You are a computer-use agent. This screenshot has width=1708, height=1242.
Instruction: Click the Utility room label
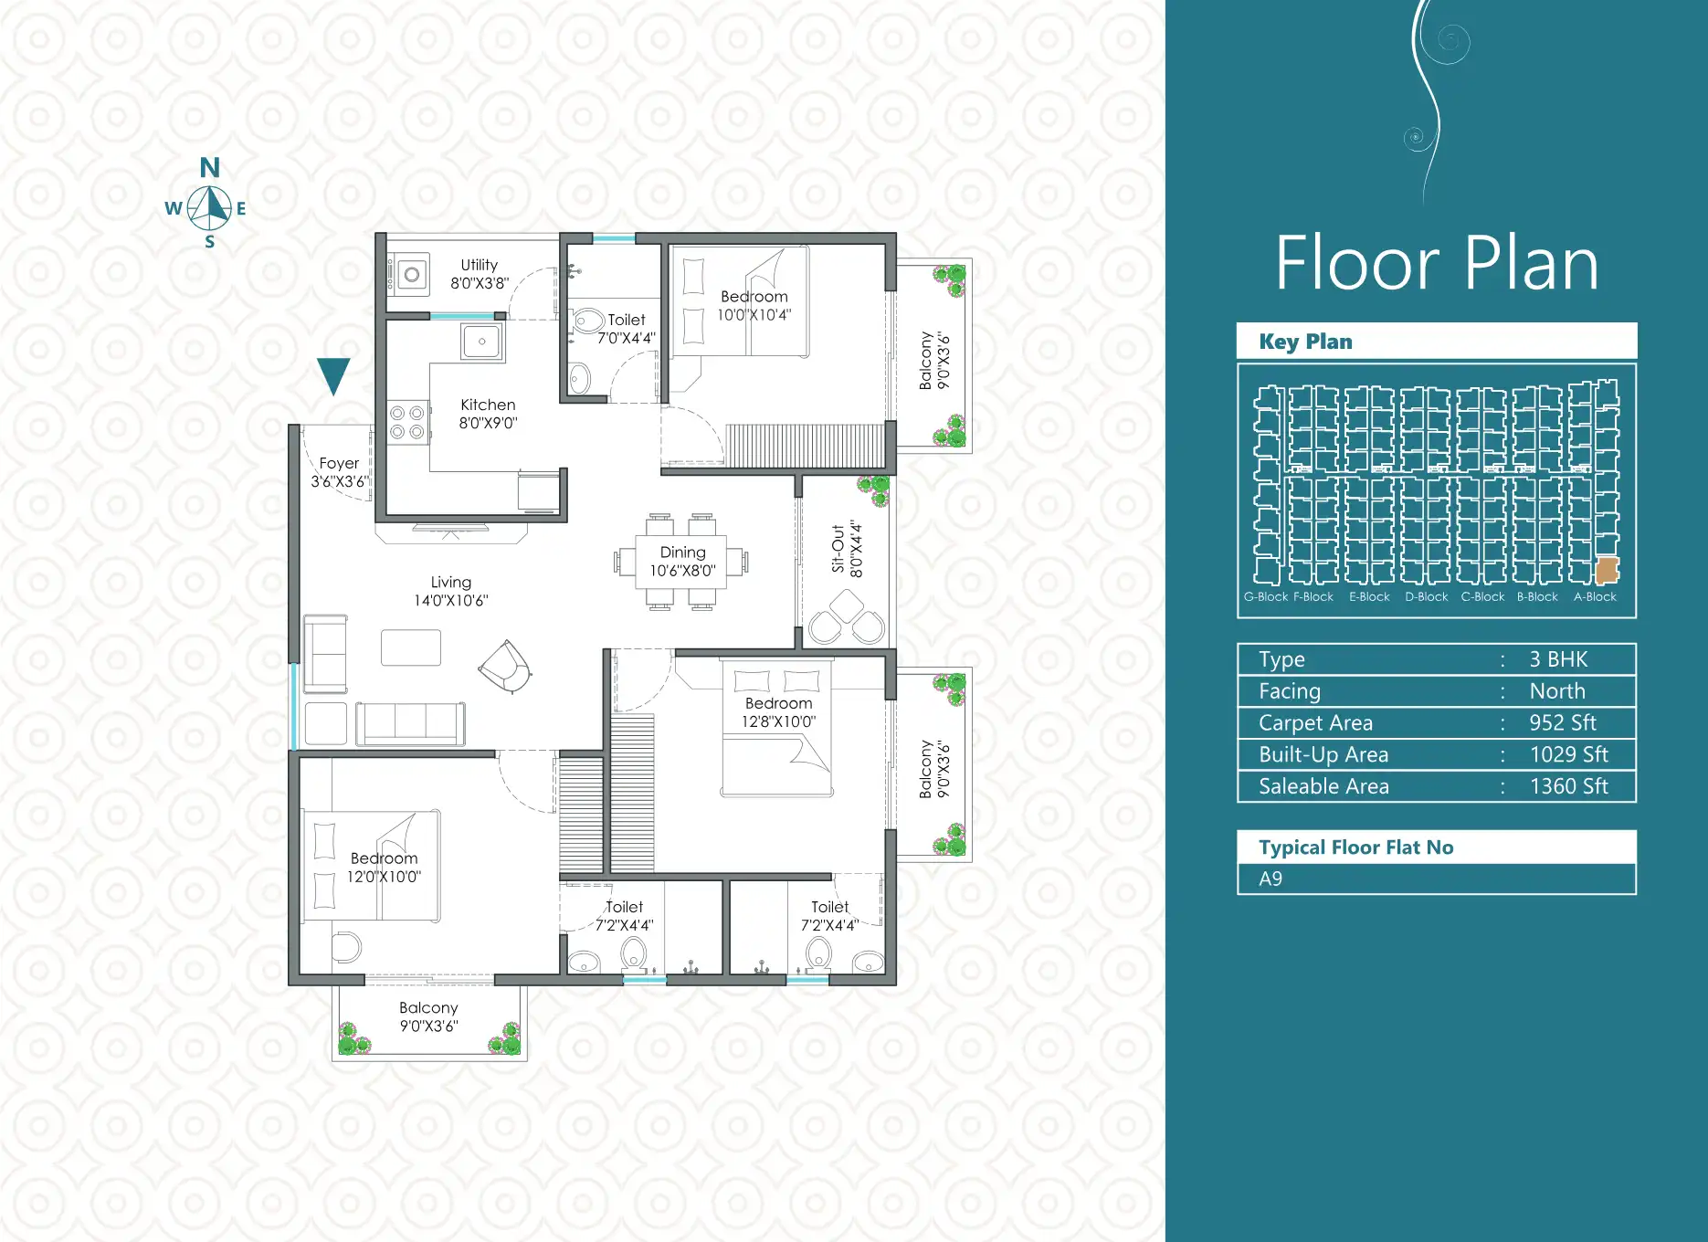[480, 274]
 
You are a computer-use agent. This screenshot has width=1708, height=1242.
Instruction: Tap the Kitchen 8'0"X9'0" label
[488, 414]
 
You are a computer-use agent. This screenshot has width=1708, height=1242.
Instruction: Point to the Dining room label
[682, 562]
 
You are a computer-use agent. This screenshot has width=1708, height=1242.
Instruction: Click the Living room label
[451, 591]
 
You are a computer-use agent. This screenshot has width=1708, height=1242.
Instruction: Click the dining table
[681, 562]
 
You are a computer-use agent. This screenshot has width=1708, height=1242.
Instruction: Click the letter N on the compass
[210, 168]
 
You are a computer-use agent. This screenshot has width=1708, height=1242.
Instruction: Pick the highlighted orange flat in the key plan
[1607, 571]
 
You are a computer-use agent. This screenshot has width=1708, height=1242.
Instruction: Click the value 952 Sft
[1563, 723]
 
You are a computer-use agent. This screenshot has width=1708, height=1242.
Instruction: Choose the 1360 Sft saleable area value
[1569, 786]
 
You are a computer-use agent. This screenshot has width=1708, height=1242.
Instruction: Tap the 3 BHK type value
[1558, 659]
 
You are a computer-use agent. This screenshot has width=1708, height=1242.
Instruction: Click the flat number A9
[1270, 879]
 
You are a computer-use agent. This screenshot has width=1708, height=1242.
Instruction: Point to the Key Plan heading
[1305, 342]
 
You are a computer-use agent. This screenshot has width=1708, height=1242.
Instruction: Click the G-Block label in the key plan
[1266, 597]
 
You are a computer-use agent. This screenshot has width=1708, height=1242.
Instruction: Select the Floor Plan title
[1437, 263]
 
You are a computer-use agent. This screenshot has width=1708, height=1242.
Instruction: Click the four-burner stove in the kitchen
[407, 422]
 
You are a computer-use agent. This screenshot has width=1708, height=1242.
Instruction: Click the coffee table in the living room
[411, 647]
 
